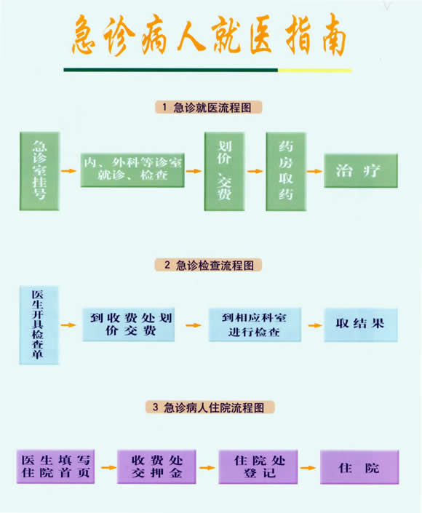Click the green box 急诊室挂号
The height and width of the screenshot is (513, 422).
tap(39, 171)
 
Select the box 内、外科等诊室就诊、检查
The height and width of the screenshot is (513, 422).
tap(132, 170)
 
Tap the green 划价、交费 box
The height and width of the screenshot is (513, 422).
tap(224, 172)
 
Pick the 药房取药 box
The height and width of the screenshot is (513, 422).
tap(286, 172)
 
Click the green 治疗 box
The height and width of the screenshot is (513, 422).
tap(361, 171)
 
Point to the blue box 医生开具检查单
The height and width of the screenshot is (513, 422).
tap(39, 325)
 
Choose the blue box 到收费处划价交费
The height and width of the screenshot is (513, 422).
tap(128, 325)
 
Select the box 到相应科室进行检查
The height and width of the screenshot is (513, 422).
tap(255, 325)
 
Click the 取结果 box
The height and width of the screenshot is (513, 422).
tap(361, 325)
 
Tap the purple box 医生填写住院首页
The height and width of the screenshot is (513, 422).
tap(55, 466)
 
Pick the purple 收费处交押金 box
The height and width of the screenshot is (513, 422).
tap(156, 467)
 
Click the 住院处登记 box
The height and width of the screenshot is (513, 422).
tap(258, 467)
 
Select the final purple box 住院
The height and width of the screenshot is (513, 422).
tap(359, 467)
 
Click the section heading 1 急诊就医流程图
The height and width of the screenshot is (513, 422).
tap(208, 107)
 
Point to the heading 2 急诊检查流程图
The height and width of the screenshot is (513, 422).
tap(208, 265)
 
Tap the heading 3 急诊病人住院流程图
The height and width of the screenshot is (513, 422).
tap(210, 407)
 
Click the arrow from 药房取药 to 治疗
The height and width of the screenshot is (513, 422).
tap(315, 171)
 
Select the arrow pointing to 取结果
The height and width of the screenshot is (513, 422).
tap(315, 325)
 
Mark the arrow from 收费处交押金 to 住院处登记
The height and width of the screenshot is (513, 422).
tap(207, 468)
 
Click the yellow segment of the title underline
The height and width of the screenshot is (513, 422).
tap(315, 70)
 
